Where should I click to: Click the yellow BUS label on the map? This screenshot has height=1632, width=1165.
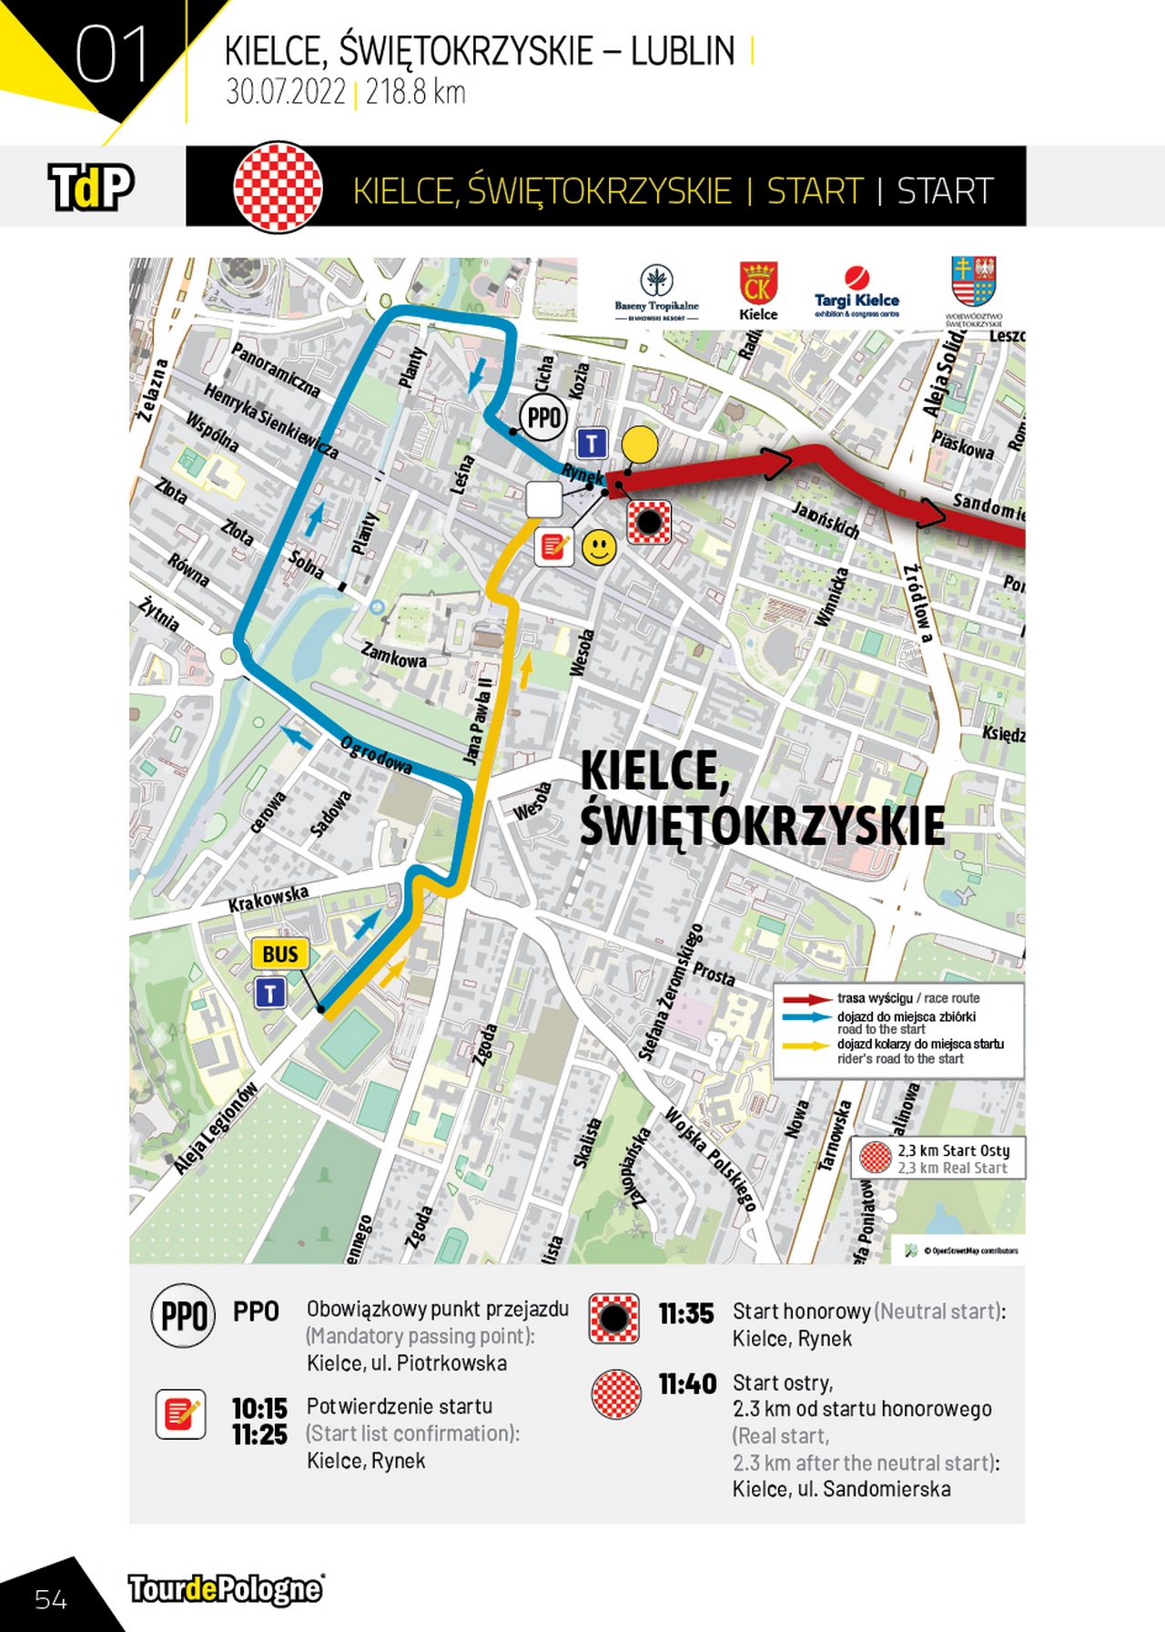tap(280, 954)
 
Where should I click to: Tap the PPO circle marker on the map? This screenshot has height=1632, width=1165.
tap(544, 418)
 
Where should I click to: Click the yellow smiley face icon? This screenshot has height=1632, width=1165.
tap(599, 547)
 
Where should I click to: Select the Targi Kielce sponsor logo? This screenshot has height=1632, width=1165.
tap(856, 291)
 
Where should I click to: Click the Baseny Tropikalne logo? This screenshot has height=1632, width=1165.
tap(656, 292)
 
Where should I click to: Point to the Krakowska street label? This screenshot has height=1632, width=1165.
tap(268, 899)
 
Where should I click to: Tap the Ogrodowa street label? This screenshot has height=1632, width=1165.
tap(376, 755)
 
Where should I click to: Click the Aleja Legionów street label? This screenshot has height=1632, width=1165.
tap(216, 1128)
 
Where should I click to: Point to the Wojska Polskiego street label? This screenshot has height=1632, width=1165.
tap(710, 1158)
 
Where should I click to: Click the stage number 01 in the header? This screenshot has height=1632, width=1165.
tap(111, 55)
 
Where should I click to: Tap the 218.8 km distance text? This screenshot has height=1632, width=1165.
tap(415, 93)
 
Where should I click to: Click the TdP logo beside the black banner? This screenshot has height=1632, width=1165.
tap(91, 187)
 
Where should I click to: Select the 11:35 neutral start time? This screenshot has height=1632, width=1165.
tap(686, 1313)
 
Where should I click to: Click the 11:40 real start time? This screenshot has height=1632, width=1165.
tap(687, 1384)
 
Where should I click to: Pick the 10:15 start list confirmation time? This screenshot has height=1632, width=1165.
tap(259, 1408)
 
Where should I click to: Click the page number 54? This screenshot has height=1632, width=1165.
tap(51, 1599)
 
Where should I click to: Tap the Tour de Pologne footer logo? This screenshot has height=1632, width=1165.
tap(226, 1589)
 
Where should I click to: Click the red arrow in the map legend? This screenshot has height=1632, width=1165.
tap(806, 999)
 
